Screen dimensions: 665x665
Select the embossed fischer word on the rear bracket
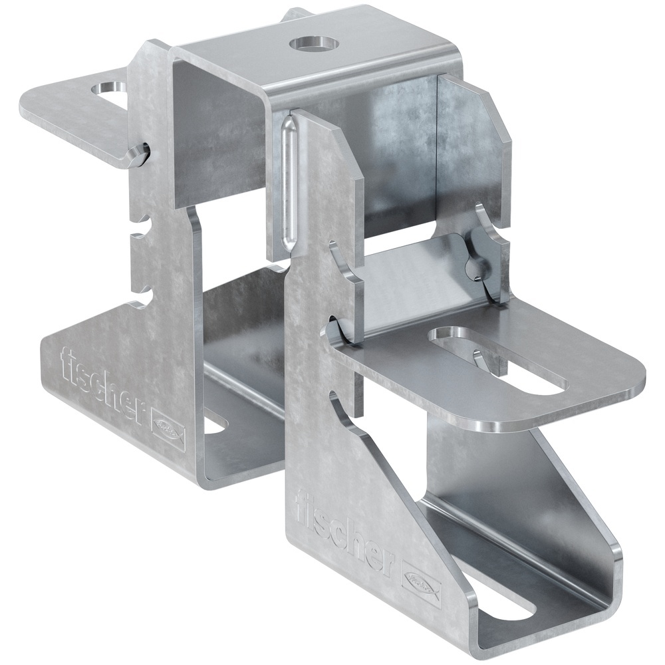click(x=102, y=386)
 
